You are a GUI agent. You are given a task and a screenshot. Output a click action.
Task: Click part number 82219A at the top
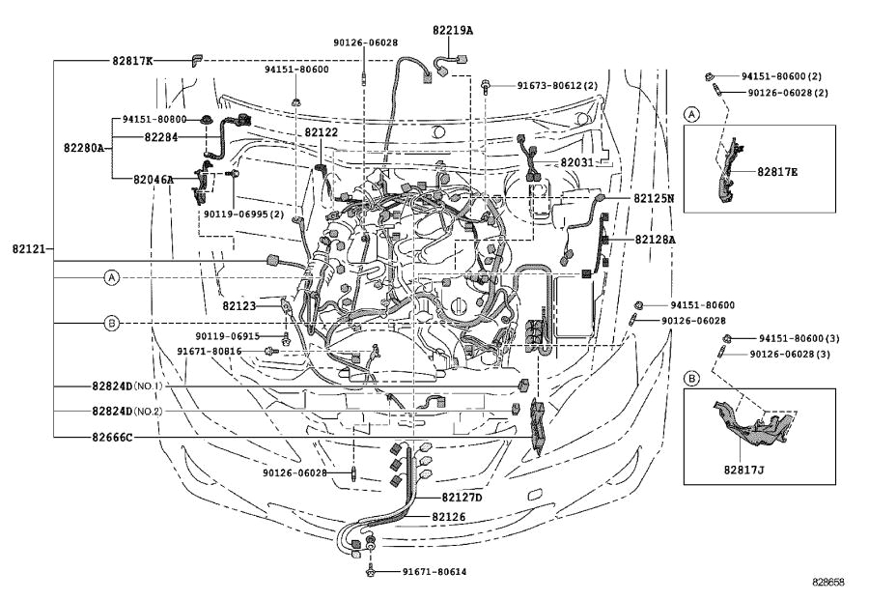[x=454, y=30]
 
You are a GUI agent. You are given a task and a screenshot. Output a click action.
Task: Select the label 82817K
[x=131, y=60]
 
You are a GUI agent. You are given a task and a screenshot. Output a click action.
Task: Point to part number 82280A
[x=85, y=148]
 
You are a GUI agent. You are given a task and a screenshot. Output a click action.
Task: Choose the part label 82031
[x=577, y=163]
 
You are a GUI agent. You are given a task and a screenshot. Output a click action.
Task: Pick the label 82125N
[x=654, y=198]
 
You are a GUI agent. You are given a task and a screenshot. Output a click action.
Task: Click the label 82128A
[x=655, y=239]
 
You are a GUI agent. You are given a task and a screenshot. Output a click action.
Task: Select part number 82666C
[x=113, y=437]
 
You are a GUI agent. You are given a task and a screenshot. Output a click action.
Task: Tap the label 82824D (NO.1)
[x=126, y=386]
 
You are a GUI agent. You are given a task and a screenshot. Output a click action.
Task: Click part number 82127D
[x=462, y=498]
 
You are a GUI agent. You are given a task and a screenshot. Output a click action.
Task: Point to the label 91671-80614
[x=434, y=572]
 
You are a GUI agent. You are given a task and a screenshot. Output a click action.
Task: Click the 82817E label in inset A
[x=777, y=172]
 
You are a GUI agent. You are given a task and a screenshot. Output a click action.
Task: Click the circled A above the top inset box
[x=691, y=113]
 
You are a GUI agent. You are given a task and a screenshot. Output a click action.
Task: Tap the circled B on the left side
[x=112, y=323]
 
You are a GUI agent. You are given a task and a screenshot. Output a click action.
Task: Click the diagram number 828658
[x=828, y=584]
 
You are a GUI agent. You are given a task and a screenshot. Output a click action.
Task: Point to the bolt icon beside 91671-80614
[x=371, y=572]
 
